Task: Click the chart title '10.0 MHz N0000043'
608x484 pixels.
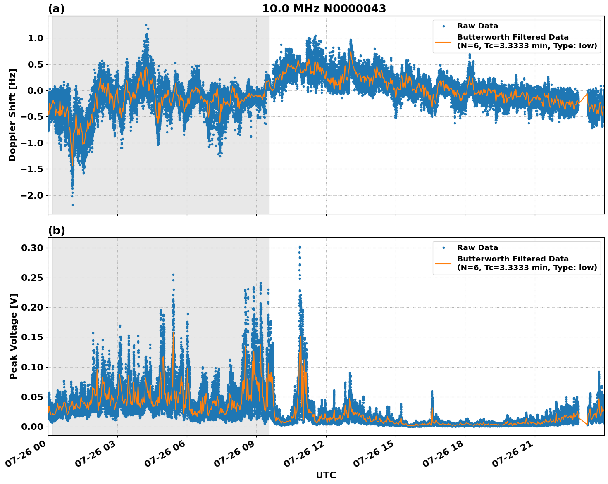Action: (324, 9)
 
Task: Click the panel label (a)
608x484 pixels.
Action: (56, 9)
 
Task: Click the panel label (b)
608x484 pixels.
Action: (56, 230)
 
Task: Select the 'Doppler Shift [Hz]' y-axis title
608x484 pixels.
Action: (12, 115)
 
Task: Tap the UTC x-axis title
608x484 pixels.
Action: (326, 475)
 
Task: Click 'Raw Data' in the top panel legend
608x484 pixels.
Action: (477, 26)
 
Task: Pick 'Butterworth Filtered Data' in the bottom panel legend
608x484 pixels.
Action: (513, 259)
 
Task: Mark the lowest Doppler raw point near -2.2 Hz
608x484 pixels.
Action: (72, 205)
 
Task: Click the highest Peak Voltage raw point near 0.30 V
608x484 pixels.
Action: (300, 247)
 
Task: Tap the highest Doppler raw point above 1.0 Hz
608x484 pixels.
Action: (146, 25)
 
